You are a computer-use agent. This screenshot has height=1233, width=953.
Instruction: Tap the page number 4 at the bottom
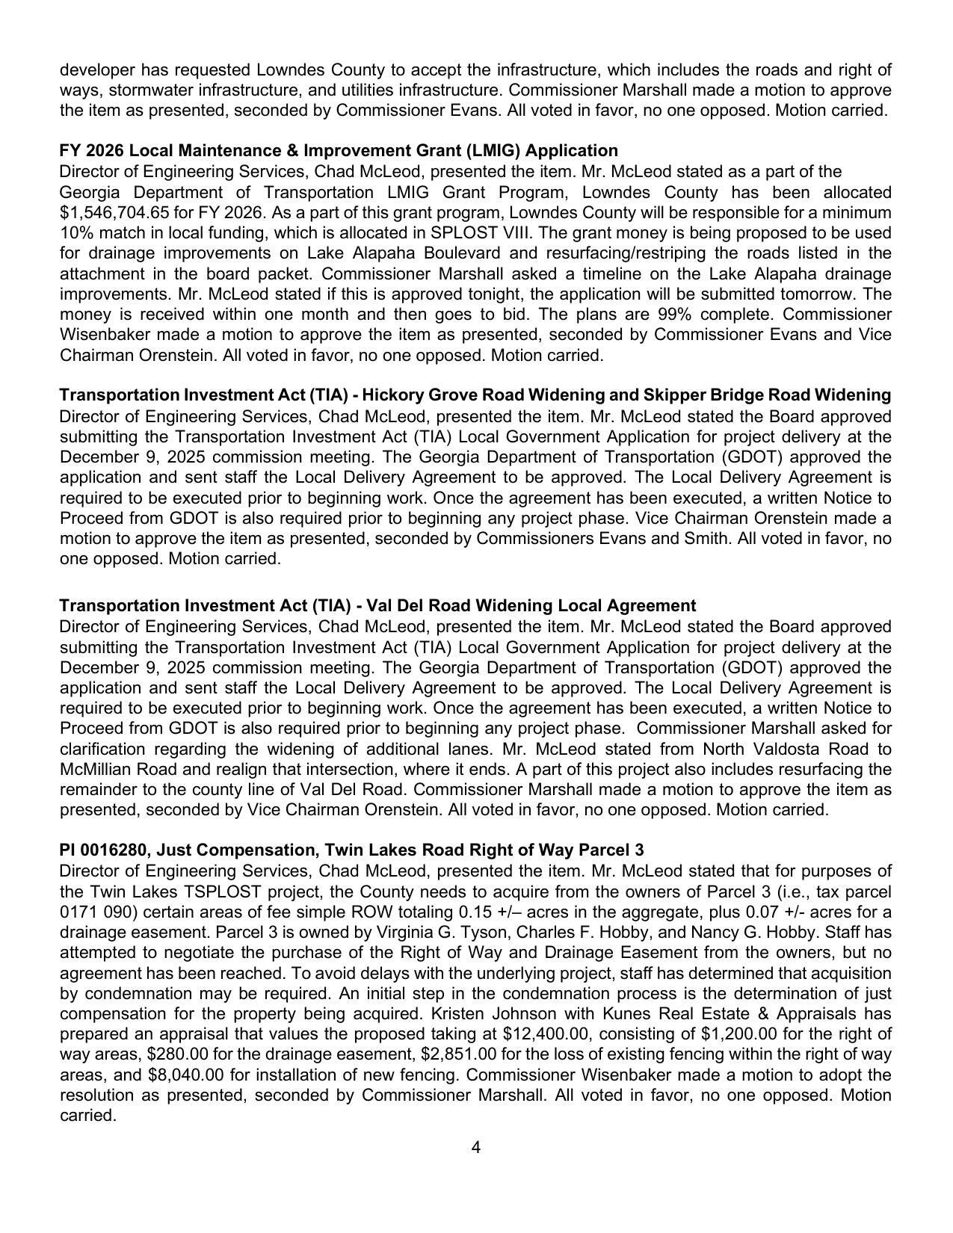476,1147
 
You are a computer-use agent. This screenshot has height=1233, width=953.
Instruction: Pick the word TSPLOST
215,891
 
